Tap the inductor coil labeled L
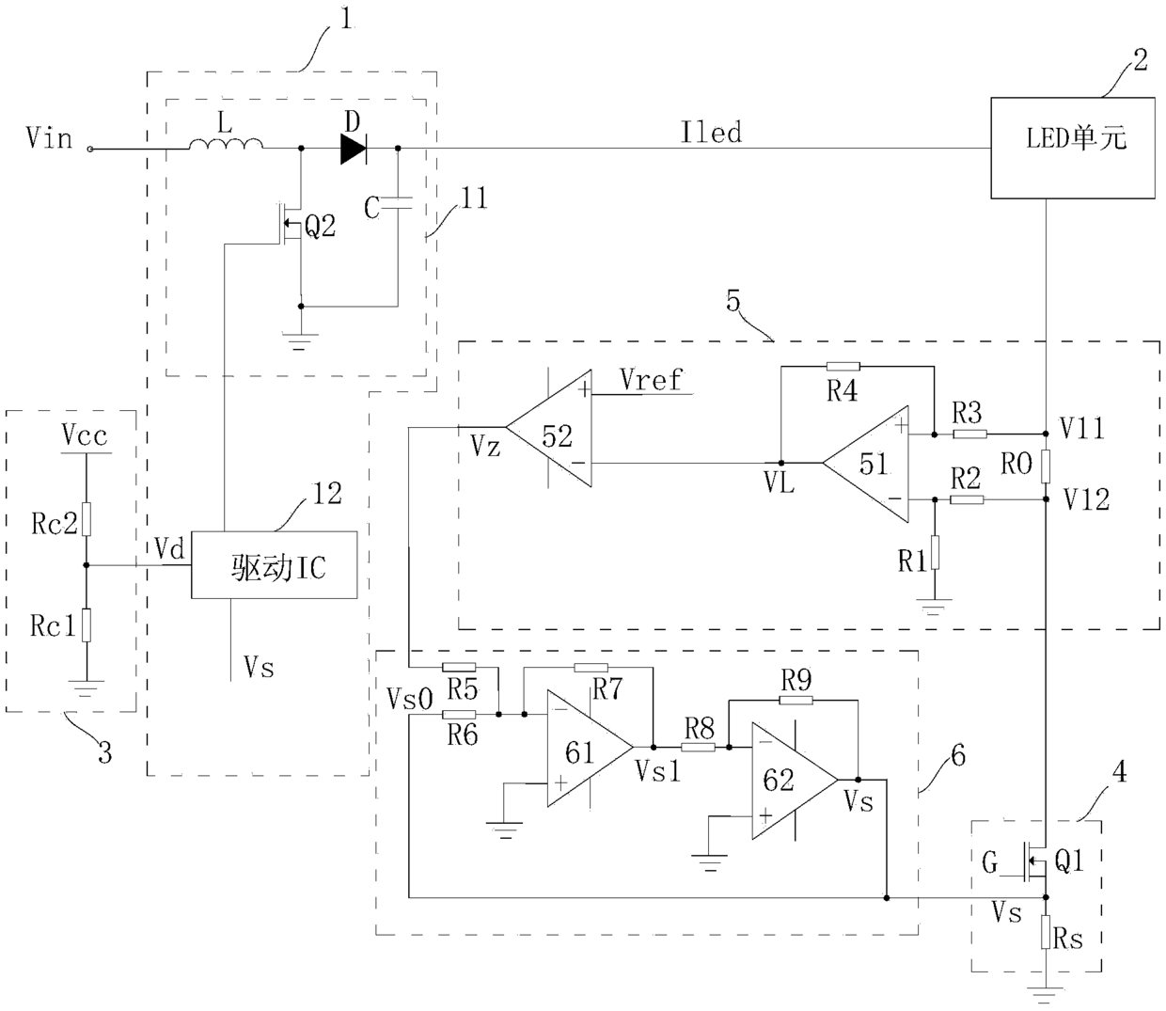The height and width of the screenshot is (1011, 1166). point(226,145)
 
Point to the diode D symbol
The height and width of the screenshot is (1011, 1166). point(354,149)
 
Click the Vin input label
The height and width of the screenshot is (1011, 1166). point(50,137)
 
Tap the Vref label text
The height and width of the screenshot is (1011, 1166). point(652,379)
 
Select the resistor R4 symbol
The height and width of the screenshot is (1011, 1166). point(843,367)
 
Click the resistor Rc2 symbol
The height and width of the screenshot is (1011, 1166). point(87,518)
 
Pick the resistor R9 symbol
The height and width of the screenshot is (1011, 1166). point(796,700)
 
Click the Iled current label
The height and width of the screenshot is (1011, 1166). point(711,133)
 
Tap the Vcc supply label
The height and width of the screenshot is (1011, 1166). point(85,435)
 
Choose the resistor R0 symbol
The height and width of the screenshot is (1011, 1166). point(1046,466)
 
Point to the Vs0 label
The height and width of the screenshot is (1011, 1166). point(410,700)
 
